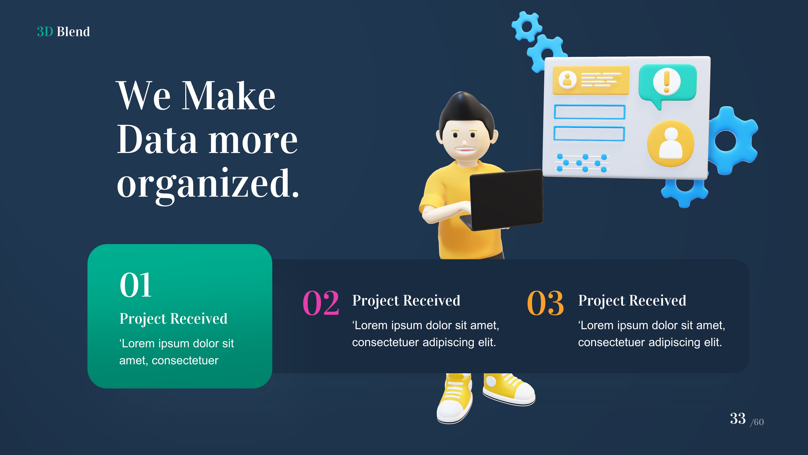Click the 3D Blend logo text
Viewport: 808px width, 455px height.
pos(63,32)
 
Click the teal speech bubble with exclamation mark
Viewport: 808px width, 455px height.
pos(667,83)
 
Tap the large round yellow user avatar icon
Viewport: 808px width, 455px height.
pos(670,144)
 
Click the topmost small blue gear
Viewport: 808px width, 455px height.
pos(526,26)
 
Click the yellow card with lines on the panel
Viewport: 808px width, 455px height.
pos(591,80)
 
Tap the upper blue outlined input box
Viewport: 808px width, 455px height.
pos(589,112)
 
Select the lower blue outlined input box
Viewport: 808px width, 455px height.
pos(589,134)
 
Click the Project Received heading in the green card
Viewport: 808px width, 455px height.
pos(173,319)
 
